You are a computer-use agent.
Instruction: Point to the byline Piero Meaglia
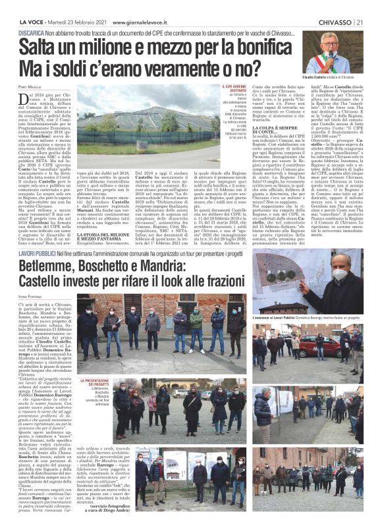point(30,86)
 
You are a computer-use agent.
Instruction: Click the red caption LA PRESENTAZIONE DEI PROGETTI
point(96,383)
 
